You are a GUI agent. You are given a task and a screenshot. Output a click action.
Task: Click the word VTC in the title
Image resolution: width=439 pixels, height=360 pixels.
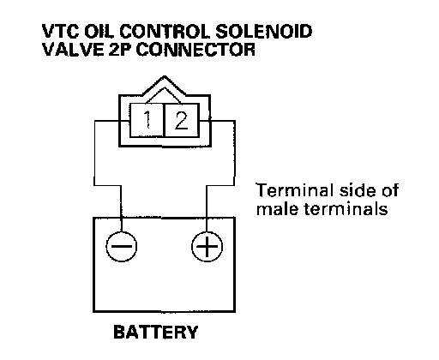click(x=61, y=32)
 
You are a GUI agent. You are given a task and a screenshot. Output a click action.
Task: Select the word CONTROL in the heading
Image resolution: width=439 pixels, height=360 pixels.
click(x=165, y=32)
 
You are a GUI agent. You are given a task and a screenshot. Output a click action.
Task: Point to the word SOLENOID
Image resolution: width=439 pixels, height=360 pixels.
click(x=263, y=32)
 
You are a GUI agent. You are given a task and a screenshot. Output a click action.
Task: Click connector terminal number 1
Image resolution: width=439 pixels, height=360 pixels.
click(x=147, y=120)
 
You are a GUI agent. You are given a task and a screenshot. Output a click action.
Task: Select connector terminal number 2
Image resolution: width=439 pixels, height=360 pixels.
click(x=182, y=120)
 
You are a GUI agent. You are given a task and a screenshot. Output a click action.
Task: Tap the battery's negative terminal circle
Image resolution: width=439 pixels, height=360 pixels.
click(x=121, y=247)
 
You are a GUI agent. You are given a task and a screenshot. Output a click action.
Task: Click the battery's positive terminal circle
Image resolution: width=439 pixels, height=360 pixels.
click(x=207, y=247)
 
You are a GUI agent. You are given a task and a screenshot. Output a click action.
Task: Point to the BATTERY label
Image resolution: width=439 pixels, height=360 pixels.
click(x=156, y=333)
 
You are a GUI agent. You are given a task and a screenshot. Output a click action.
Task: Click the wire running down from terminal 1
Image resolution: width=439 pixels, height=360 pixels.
click(x=94, y=153)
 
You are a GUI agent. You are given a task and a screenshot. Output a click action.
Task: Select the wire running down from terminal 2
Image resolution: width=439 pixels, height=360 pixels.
click(x=235, y=153)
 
